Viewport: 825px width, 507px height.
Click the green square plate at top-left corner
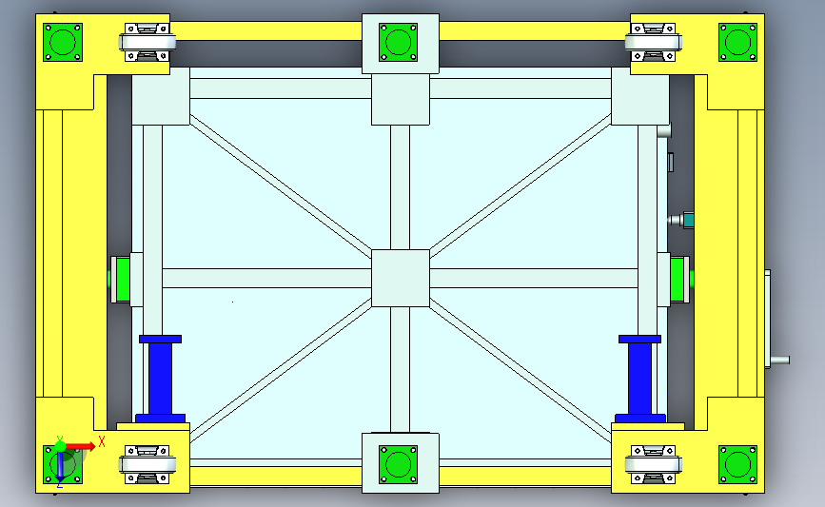point(63,43)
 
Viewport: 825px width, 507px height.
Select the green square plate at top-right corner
point(737,43)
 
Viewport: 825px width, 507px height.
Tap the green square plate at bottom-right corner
point(737,465)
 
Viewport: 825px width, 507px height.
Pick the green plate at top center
point(399,43)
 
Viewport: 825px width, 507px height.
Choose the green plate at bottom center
point(399,465)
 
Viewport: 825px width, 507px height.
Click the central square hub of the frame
point(401,278)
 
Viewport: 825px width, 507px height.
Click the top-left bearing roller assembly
point(147,42)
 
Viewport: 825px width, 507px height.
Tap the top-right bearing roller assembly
point(654,42)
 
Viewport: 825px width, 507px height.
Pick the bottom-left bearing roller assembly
point(147,465)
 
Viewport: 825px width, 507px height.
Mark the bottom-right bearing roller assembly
point(654,465)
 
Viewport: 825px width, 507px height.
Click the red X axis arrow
point(80,447)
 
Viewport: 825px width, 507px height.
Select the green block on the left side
point(122,280)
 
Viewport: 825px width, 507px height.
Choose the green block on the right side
point(678,280)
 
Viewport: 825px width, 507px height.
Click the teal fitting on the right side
point(688,221)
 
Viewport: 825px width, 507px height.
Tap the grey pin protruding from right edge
point(779,361)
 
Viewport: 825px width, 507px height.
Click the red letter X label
point(102,441)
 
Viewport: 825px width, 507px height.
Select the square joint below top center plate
point(401,99)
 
